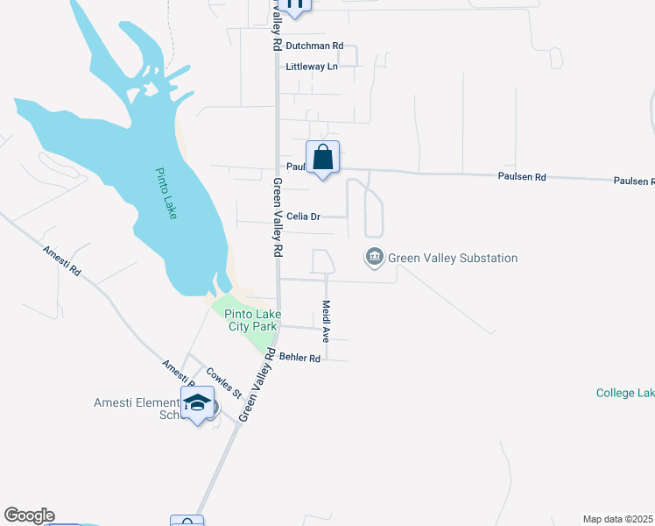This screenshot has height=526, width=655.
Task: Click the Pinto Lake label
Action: click(166, 194)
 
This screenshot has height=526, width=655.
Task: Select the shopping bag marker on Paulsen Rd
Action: click(322, 158)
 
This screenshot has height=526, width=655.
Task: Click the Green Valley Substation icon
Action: click(374, 257)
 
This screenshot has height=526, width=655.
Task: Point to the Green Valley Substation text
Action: click(453, 258)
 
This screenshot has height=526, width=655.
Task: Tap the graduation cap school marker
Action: click(198, 403)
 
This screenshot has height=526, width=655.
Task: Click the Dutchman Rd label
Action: click(314, 46)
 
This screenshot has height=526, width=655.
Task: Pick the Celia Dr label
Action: click(304, 216)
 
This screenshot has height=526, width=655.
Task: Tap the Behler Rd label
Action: click(299, 358)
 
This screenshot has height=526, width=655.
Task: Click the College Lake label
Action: click(625, 393)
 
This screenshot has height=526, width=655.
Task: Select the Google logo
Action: click(29, 515)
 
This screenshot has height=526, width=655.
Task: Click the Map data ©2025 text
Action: click(618, 519)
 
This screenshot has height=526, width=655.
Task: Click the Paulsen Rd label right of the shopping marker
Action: click(522, 177)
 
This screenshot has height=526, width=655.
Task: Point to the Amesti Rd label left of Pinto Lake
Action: click(61, 261)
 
